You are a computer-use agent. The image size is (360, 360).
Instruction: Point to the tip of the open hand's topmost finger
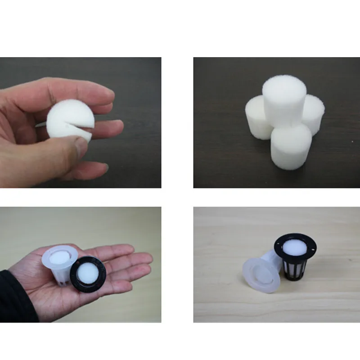[130, 248]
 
